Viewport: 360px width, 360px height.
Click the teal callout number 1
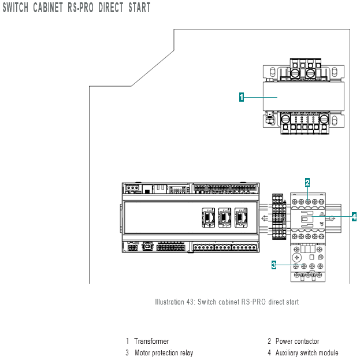[242, 97]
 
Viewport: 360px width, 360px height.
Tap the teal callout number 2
[307, 183]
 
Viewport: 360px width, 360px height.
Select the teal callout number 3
[274, 265]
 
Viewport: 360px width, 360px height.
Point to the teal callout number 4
[354, 217]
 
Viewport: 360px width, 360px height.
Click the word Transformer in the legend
[151, 341]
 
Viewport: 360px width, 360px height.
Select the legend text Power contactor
[298, 341]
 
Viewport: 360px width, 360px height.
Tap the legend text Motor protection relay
[164, 352]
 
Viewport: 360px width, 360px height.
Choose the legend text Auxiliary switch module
[307, 352]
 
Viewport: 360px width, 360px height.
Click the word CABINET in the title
[48, 8]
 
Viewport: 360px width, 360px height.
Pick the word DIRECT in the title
[111, 8]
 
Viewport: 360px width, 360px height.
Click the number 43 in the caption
[190, 302]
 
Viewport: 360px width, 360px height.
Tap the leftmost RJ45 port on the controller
[209, 218]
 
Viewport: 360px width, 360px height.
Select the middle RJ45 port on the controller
[225, 218]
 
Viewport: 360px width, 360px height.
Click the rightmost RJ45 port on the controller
[241, 218]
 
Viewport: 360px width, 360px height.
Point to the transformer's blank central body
[303, 97]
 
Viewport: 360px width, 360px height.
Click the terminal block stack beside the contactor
[279, 217]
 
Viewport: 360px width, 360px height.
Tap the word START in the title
[139, 8]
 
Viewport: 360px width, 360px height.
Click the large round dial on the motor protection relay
[296, 257]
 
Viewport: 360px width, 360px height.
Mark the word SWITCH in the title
[16, 8]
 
